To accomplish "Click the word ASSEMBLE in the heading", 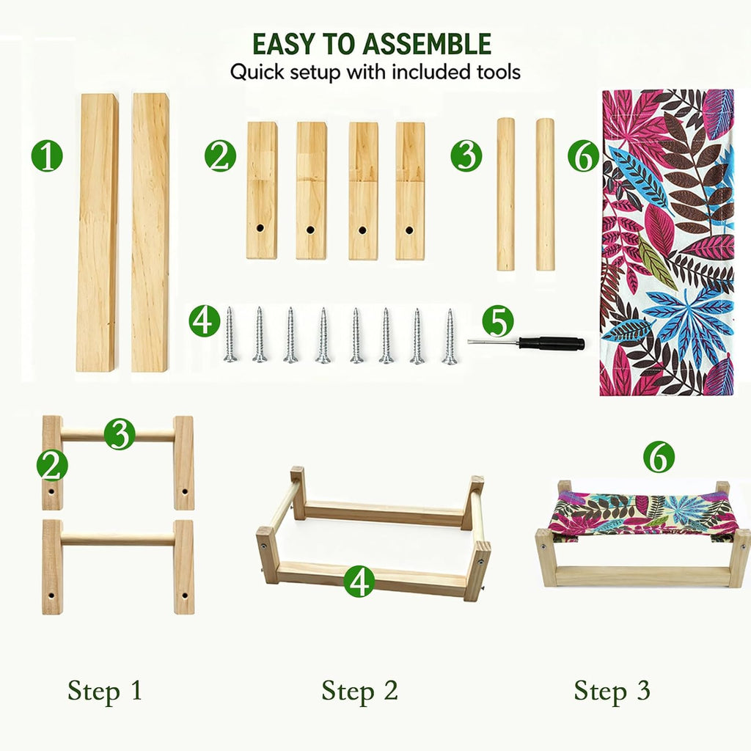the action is point(427,44).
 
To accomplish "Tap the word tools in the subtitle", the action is point(498,73).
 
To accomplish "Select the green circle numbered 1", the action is point(47,156).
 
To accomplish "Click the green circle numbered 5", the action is point(498,321).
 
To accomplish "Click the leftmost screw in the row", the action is point(230,334).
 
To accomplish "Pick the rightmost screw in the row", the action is point(450,336).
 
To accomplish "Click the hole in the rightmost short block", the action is point(409,230).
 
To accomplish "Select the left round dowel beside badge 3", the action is point(505,194).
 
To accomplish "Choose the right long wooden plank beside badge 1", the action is point(150,232).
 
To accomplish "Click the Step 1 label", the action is point(105,691).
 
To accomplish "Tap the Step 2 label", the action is point(359,691).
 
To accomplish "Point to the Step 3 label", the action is point(612,691).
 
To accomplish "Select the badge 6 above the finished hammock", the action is point(659,457).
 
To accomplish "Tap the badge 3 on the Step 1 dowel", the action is point(120,434).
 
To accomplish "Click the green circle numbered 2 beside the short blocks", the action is point(220,156).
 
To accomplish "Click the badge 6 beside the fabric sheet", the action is point(583,156).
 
